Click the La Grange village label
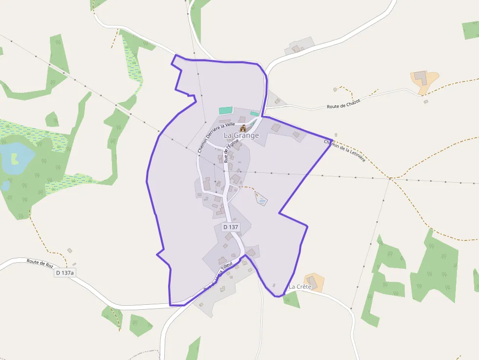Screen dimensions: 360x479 (241, 135)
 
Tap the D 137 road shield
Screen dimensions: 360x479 (231, 227)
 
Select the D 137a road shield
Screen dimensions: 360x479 (65, 273)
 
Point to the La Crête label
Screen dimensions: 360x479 (300, 287)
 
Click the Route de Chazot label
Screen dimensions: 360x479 (343, 104)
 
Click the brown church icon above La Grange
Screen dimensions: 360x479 (243, 128)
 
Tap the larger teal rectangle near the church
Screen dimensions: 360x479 (226, 111)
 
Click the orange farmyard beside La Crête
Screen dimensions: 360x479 (314, 282)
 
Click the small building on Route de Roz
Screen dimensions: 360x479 (69, 251)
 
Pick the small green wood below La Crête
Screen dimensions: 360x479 (292, 299)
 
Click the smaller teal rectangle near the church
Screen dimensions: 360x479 (254, 113)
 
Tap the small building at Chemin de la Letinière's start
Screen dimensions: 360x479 (336, 135)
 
